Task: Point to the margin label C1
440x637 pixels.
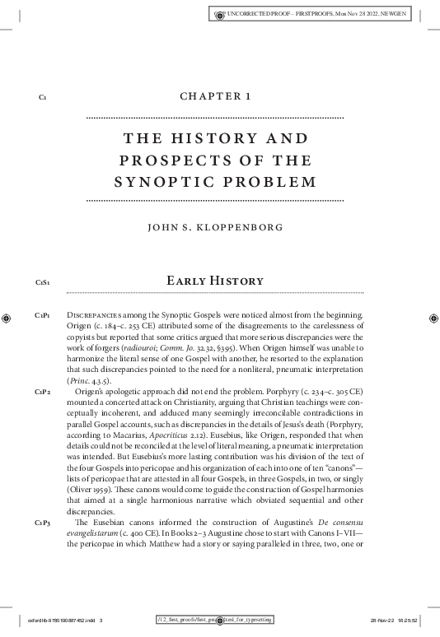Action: pos(42,98)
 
